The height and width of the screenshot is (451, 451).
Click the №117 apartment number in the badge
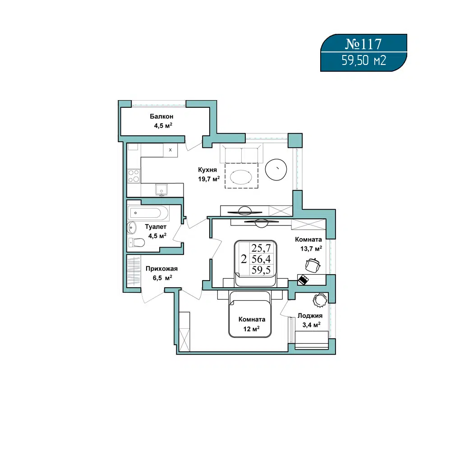(363, 44)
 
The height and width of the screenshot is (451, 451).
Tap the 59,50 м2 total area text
(364, 61)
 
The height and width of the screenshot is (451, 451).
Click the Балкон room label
(161, 116)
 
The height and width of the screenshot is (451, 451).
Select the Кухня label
(207, 170)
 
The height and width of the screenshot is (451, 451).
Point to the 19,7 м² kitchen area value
(209, 179)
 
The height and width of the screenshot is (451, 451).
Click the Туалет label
(156, 227)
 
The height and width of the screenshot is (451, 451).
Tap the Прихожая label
(161, 269)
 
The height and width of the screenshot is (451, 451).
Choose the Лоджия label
(310, 316)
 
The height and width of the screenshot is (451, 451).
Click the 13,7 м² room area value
(311, 249)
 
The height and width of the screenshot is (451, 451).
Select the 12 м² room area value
(251, 329)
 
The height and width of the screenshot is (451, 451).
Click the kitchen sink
(161, 190)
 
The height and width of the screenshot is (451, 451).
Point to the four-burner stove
(134, 176)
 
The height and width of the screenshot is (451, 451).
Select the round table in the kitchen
(276, 170)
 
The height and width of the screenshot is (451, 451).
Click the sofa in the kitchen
(241, 154)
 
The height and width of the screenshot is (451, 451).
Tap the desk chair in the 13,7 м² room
(313, 265)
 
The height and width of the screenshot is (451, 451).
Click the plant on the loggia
(320, 300)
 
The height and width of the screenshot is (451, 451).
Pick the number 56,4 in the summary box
(261, 259)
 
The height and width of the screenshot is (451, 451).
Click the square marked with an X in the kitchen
(170, 150)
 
